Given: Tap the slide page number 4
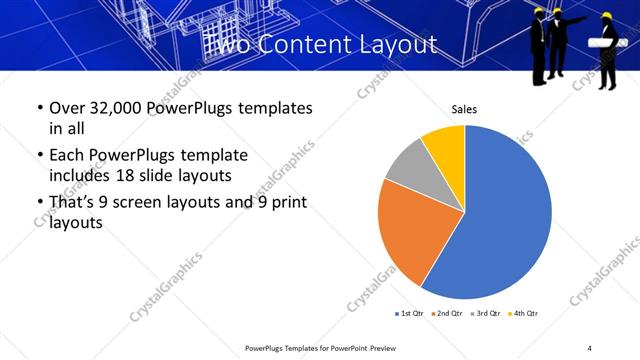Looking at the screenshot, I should coord(589,347).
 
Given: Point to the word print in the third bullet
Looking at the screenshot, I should coord(288,203).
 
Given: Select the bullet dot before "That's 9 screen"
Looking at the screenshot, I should coord(39,203).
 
